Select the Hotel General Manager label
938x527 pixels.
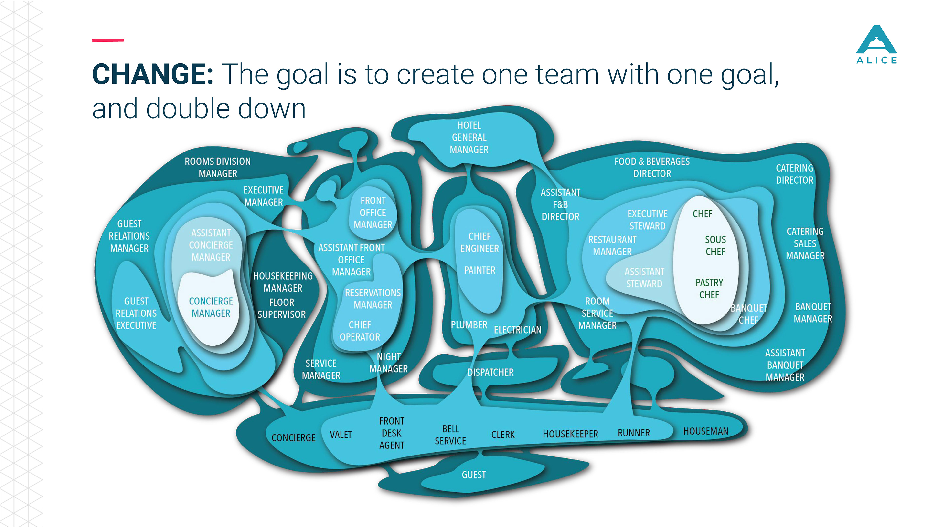469,137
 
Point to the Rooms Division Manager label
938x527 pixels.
218,167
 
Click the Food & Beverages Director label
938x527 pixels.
652,167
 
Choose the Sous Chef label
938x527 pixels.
715,245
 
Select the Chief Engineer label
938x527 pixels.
480,242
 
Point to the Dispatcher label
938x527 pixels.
490,372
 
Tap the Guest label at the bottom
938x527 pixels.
473,475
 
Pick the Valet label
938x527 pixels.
341,435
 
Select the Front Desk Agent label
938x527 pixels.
391,433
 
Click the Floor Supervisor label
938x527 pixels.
281,308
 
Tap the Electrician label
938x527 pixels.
517,330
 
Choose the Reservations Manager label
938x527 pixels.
373,299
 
